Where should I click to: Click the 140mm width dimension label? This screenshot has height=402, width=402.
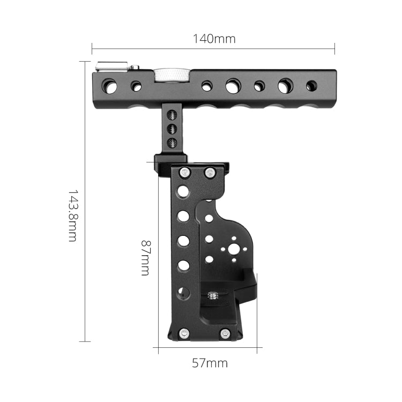[213, 39]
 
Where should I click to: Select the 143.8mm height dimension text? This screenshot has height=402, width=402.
[72, 214]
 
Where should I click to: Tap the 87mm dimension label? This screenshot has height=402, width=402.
[145, 257]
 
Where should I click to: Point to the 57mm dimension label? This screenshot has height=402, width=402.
[210, 363]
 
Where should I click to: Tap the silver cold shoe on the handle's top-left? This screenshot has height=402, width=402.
[111, 67]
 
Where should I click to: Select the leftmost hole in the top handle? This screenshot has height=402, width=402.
[110, 86]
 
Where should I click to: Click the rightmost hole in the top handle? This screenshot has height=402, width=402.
[311, 86]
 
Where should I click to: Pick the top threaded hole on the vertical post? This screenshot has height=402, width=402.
[172, 115]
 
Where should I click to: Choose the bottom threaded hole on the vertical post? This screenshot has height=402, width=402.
[172, 142]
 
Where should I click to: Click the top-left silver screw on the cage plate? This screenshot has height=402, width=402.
[185, 173]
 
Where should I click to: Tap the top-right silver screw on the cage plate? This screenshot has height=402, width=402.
[210, 173]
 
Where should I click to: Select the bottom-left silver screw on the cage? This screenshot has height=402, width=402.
[184, 333]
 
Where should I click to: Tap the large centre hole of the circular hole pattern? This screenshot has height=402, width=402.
[234, 250]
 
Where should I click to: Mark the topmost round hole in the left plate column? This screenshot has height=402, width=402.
[183, 191]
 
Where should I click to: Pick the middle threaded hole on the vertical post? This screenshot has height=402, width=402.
[172, 129]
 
